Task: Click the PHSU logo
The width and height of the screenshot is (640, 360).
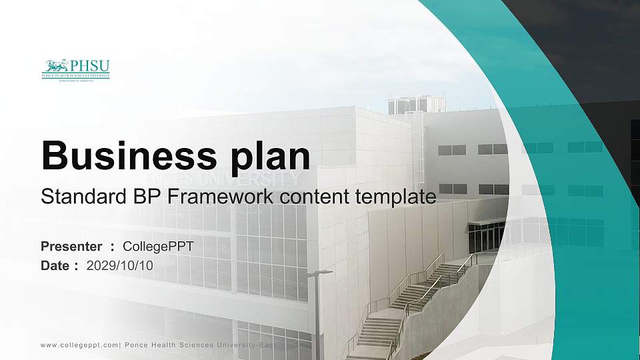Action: [x=75, y=69]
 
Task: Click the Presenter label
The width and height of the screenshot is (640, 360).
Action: [x=71, y=247]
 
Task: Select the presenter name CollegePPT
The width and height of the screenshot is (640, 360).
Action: [x=158, y=247]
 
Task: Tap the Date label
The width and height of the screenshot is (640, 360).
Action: [x=56, y=265]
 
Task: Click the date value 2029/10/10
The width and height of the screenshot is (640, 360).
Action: [x=120, y=265]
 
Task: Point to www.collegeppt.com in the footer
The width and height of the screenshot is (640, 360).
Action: [x=79, y=345]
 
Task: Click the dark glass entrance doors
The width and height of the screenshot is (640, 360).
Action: [x=485, y=237]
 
